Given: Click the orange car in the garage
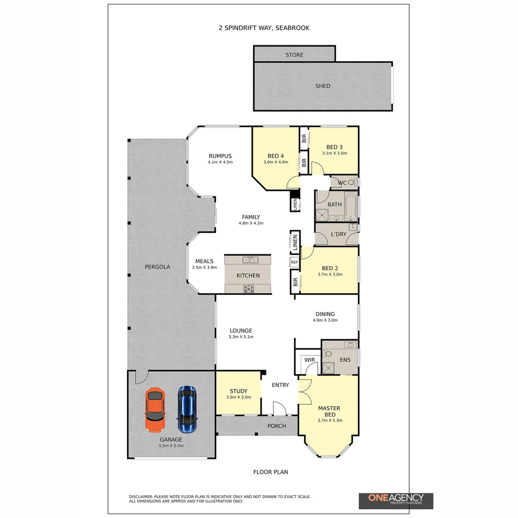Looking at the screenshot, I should click(x=155, y=409).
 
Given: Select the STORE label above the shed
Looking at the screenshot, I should click(x=294, y=55).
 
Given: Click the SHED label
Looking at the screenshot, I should click(x=323, y=86).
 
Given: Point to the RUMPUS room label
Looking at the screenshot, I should click(x=220, y=156).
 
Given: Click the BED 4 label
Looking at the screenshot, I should click(x=276, y=156).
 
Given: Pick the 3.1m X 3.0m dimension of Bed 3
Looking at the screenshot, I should click(x=335, y=153).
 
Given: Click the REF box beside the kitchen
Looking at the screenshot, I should click(x=294, y=262).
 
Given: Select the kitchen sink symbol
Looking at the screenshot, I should click(x=250, y=260).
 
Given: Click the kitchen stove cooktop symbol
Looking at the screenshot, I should click(x=249, y=288).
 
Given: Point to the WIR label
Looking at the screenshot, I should click(x=309, y=360).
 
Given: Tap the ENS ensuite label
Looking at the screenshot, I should click(x=345, y=360).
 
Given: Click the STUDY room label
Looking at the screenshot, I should click(x=238, y=391).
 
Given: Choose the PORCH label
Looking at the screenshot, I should click(x=277, y=426).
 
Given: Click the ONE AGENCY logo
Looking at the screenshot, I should click(x=396, y=500).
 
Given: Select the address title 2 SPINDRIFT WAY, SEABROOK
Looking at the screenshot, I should click(x=264, y=28).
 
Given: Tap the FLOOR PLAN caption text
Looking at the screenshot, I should click(x=271, y=472).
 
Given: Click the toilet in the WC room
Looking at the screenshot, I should click(x=353, y=182).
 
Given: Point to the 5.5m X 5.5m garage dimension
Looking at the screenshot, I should click(x=171, y=446).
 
